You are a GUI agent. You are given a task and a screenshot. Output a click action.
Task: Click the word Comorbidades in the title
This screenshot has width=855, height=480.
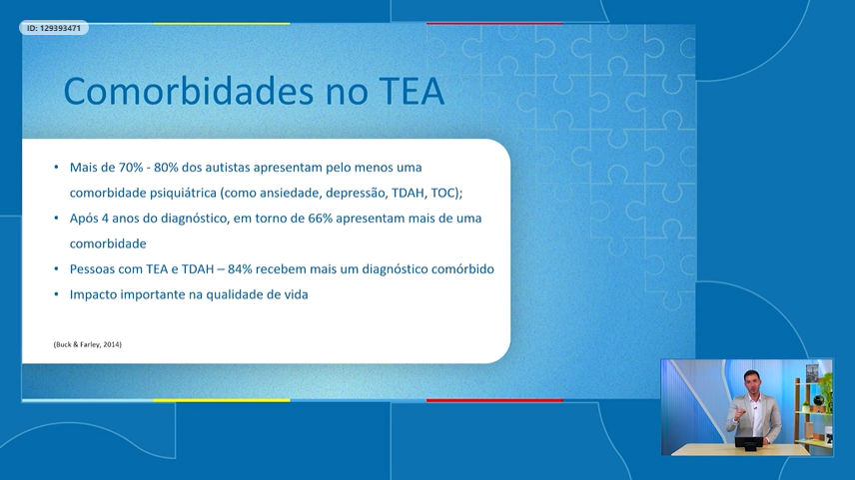[x=189, y=91]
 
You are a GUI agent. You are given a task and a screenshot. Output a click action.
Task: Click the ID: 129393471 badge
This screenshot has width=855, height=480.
[x=54, y=28]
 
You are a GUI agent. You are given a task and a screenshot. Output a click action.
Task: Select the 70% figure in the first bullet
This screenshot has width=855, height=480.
[x=131, y=167]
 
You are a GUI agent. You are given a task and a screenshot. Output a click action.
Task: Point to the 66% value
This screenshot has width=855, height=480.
[x=320, y=218]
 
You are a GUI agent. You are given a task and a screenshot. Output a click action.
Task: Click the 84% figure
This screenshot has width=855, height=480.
[x=240, y=269]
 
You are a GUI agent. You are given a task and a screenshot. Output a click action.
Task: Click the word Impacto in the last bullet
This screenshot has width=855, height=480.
[x=93, y=295]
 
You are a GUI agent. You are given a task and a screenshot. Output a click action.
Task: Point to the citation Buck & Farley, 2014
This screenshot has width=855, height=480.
[x=88, y=345]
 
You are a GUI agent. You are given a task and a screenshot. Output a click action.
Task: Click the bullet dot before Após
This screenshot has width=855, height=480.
[x=56, y=218]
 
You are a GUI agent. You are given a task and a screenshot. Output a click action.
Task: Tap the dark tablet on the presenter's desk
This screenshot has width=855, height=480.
[x=750, y=442]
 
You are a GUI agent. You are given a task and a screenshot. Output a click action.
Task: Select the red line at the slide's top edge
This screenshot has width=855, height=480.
[x=494, y=23]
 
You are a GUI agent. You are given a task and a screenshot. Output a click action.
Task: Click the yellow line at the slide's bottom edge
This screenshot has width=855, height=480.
[x=222, y=400]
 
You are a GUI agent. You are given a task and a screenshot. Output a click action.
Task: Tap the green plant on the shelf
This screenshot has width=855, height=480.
[x=824, y=390]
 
